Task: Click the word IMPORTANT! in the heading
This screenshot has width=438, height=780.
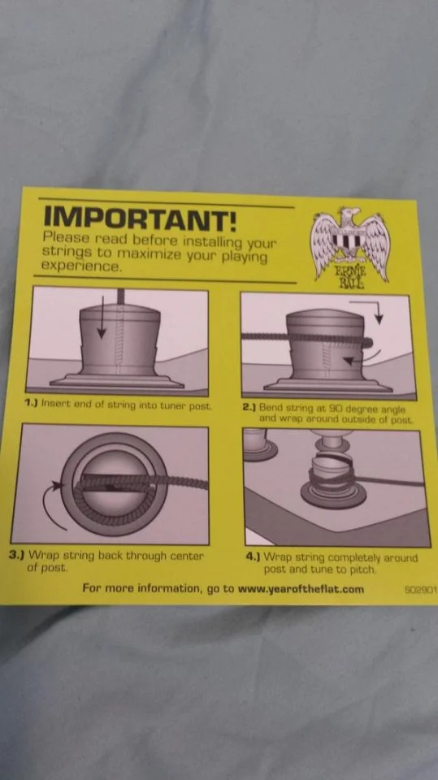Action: tap(140, 217)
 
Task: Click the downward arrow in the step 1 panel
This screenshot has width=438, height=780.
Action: tap(102, 318)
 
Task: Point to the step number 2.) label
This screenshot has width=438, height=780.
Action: tap(249, 407)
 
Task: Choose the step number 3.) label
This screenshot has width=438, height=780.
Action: tap(18, 554)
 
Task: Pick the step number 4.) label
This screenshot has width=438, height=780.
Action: tap(254, 557)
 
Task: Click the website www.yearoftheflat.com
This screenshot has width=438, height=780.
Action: tap(301, 590)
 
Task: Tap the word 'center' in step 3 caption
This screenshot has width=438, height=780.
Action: tap(188, 556)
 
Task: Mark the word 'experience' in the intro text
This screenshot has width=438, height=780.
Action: tap(81, 266)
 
